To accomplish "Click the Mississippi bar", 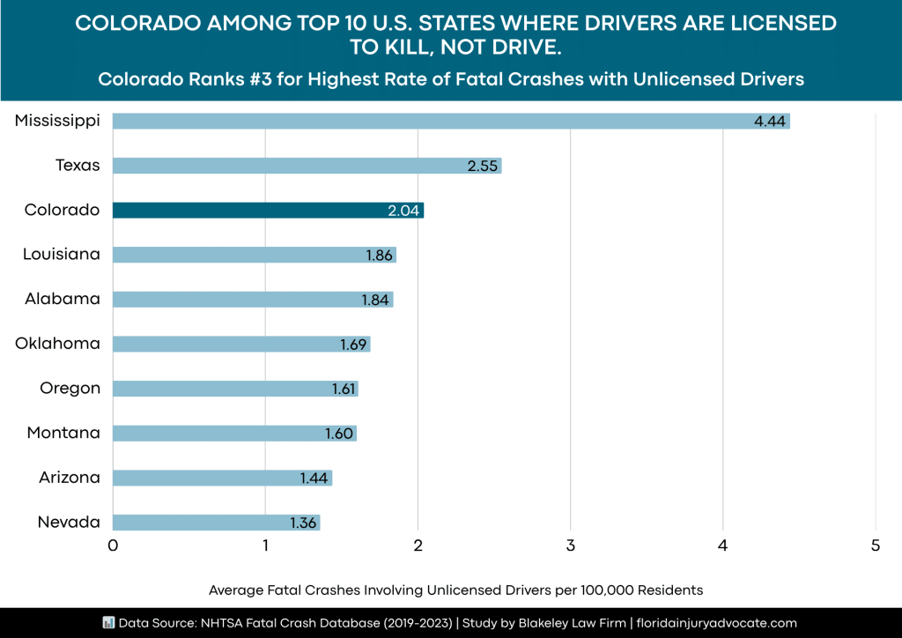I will tap(451, 121).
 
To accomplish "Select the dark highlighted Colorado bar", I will tap(268, 210).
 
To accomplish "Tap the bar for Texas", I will tap(307, 166).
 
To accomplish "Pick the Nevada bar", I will tap(216, 523).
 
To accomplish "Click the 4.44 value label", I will tap(769, 121).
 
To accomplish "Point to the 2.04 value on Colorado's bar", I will tap(404, 211).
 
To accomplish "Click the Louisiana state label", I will tap(62, 255).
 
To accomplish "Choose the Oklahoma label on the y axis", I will tap(57, 344).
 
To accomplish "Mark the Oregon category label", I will tap(70, 389).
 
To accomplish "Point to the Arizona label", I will tap(69, 478).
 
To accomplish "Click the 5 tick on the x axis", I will tap(876, 545).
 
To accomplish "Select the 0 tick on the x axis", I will tap(113, 545).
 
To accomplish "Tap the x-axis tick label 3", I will tap(571, 545).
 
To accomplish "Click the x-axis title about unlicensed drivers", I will tap(455, 589).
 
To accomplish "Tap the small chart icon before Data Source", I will tap(109, 622).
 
